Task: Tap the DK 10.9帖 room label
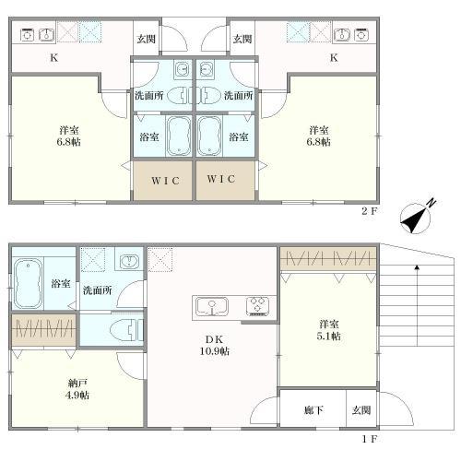pyautogui.click(x=215, y=345)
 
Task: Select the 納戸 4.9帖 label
pyautogui.click(x=77, y=389)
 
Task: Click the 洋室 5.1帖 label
pyautogui.click(x=329, y=330)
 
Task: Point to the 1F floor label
pyautogui.click(x=369, y=439)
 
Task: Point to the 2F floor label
pyautogui.click(x=369, y=211)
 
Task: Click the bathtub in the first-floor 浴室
pyautogui.click(x=28, y=283)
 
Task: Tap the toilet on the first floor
pyautogui.click(x=128, y=330)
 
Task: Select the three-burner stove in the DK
pyautogui.click(x=257, y=306)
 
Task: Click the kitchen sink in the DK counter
pyautogui.click(x=212, y=306)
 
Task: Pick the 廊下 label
pyautogui.click(x=313, y=410)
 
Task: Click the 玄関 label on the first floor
pyautogui.click(x=361, y=410)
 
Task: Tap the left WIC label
pyautogui.click(x=165, y=181)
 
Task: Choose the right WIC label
pyautogui.click(x=221, y=179)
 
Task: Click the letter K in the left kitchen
pyautogui.click(x=54, y=57)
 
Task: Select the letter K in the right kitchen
pyautogui.click(x=334, y=57)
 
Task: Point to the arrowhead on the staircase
pyautogui.click(x=417, y=267)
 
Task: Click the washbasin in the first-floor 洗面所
pyautogui.click(x=129, y=262)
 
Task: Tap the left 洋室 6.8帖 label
pyautogui.click(x=69, y=136)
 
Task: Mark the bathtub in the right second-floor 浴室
pyautogui.click(x=209, y=136)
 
